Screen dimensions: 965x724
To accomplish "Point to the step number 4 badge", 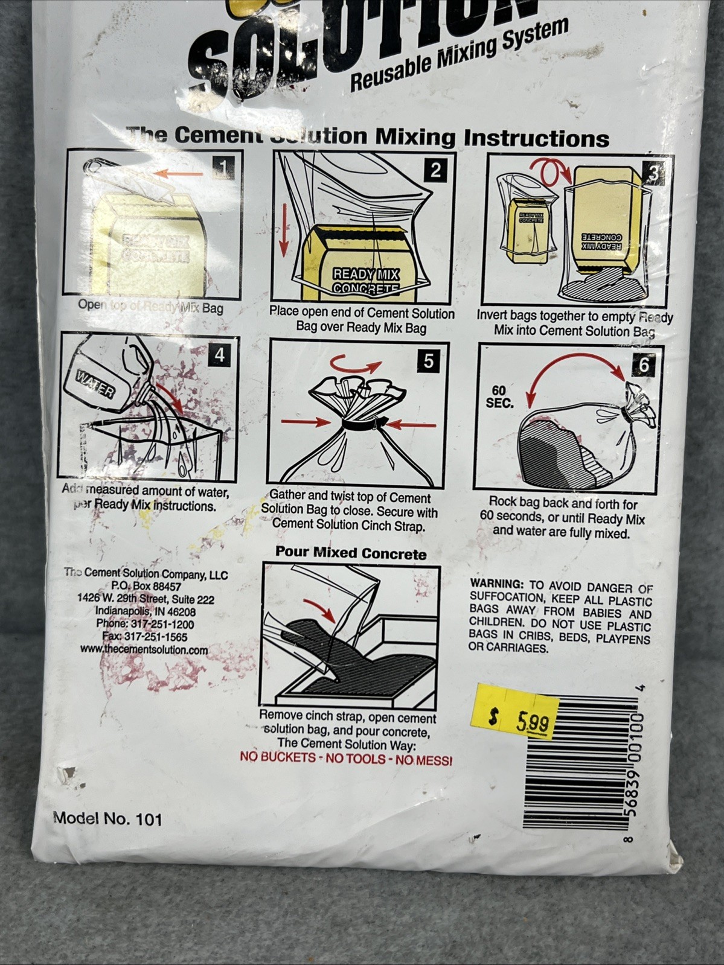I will [x=219, y=355].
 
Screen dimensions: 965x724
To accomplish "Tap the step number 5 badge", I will [x=428, y=361].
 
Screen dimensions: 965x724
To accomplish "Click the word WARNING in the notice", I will [x=496, y=584].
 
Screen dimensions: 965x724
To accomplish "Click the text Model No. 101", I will [x=108, y=819].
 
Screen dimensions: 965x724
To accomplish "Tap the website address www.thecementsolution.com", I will [x=144, y=650].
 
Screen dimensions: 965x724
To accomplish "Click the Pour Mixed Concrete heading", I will [x=351, y=553].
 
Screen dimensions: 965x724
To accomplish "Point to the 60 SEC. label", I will [x=499, y=397].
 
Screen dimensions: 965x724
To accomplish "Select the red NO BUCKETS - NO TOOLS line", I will [x=346, y=759].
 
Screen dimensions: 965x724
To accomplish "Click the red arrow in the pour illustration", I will [x=320, y=610].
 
